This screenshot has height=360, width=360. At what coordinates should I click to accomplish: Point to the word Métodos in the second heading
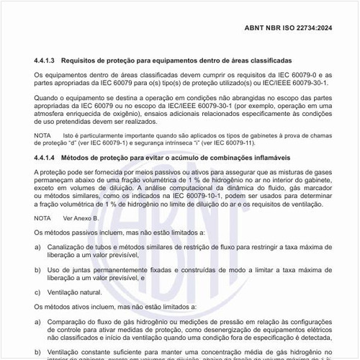tap(79, 158)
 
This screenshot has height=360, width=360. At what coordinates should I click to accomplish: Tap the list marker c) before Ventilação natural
tap(37, 292)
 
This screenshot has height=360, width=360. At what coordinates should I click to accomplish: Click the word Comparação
tap(68, 321)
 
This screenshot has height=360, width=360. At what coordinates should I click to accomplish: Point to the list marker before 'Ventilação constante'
tap(37, 351)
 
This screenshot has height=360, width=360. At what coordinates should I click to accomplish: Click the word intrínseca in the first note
tap(186, 143)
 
